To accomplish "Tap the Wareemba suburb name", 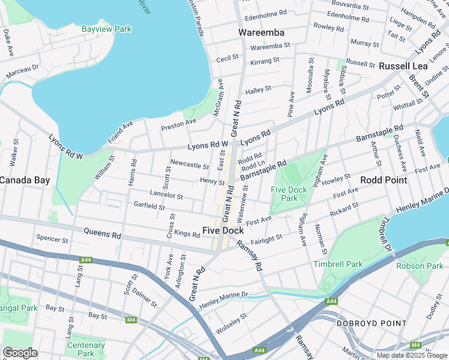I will point(261,32).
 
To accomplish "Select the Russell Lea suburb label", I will point(403,66).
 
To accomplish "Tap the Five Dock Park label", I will point(289,194).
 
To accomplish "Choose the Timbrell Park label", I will point(337,264).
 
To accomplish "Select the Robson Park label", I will point(420,266).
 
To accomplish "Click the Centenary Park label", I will point(86,349).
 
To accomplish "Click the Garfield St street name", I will point(149,206).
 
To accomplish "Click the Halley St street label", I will point(259,89).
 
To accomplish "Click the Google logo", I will point(20,353).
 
